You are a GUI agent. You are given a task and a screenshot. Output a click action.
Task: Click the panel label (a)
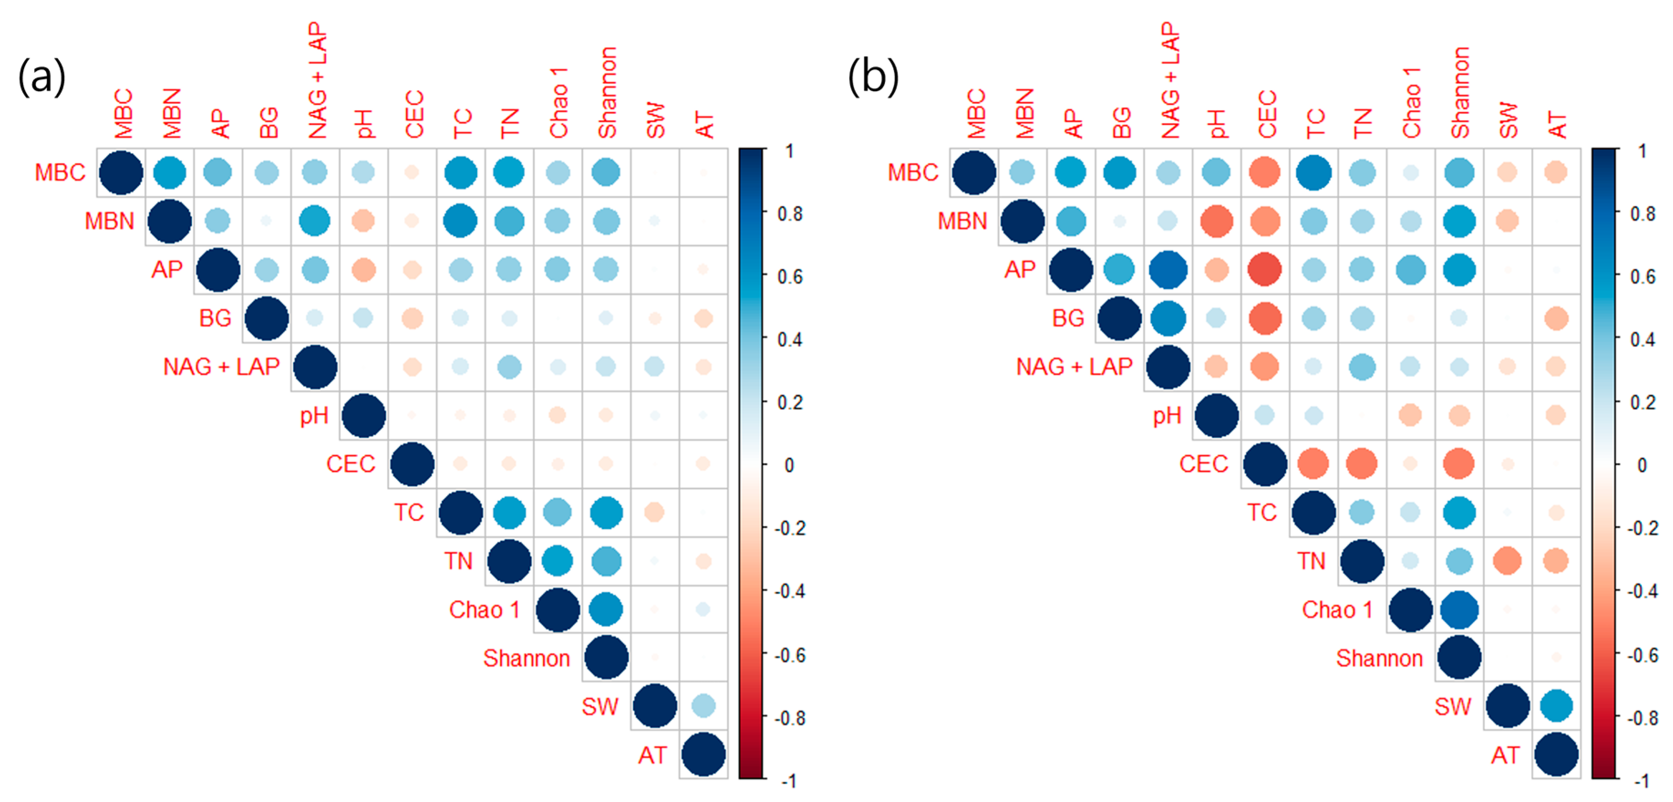tap(41, 77)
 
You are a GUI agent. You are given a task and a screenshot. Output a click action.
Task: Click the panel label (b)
tap(873, 77)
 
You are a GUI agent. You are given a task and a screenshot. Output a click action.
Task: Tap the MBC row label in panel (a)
tap(60, 173)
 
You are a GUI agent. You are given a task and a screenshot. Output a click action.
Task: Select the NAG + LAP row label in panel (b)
tap(1074, 367)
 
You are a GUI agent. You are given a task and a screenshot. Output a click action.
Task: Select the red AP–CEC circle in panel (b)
tap(1265, 269)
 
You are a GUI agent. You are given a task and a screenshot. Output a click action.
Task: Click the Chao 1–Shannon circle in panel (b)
tap(1459, 609)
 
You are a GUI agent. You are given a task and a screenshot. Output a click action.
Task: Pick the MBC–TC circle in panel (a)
tap(460, 173)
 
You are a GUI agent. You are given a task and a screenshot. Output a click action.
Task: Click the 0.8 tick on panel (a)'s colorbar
tap(790, 214)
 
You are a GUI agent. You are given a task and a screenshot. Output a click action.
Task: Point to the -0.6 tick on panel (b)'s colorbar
tap(1642, 655)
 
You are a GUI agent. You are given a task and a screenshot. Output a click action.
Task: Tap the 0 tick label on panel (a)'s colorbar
tap(789, 465)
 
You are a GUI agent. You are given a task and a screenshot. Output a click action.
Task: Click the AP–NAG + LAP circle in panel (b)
tap(1168, 269)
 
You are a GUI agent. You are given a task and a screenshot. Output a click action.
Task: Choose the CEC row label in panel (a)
tap(351, 464)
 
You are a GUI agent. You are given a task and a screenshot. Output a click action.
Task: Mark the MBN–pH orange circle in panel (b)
tap(1216, 221)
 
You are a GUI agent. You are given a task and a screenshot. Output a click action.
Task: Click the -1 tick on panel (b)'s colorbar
tap(1642, 781)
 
